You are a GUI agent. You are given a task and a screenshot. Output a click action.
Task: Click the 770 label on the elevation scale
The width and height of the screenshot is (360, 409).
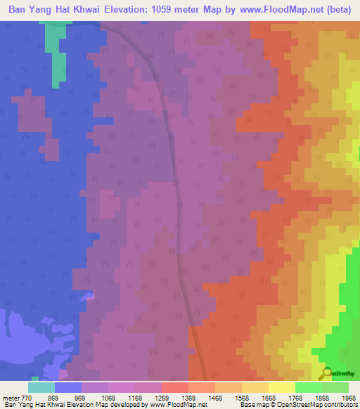(27, 398)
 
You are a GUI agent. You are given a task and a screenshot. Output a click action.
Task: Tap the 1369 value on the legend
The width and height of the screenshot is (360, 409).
(188, 398)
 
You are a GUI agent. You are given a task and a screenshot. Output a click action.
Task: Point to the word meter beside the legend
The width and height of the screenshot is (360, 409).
(10, 398)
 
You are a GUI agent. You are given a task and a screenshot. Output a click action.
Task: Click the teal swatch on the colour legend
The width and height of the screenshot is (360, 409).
(41, 387)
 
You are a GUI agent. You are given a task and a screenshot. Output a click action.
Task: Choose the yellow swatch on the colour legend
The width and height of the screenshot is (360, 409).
(281, 387)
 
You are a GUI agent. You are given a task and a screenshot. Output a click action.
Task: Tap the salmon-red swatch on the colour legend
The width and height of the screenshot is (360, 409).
(174, 387)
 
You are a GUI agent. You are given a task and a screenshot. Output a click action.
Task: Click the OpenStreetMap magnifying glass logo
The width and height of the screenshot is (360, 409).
(328, 373)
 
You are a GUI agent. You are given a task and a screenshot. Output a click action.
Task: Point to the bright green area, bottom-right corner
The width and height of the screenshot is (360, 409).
(345, 337)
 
